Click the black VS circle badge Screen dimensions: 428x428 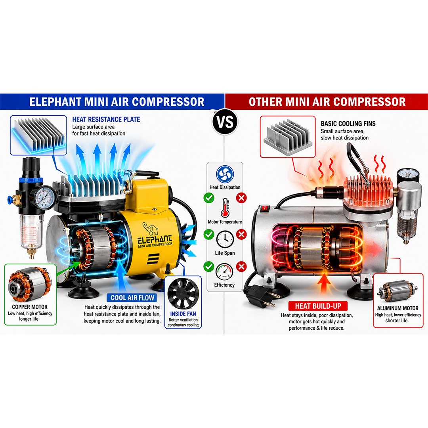point(225,122)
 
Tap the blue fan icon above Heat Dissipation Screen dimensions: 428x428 point(225,174)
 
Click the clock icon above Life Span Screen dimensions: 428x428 point(225,239)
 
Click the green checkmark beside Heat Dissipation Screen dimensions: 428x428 point(209,198)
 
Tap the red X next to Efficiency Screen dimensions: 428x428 point(241,266)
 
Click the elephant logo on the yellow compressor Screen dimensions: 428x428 point(151,228)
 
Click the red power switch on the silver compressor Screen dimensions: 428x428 point(264,209)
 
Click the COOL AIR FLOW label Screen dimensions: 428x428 point(132,298)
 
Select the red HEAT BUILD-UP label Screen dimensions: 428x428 point(318,306)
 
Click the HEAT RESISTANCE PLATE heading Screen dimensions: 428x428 point(106,119)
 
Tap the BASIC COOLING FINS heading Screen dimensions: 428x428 point(348,124)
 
